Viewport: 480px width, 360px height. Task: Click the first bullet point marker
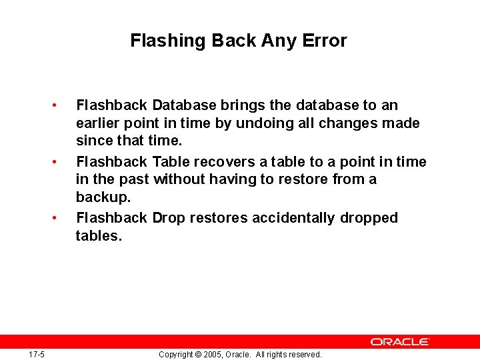tap(61, 105)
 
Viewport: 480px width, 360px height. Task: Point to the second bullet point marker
tap(61, 162)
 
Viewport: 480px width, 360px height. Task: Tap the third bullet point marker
tap(61, 218)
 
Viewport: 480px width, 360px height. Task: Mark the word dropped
tap(369, 218)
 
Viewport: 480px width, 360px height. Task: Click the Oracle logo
tap(400, 341)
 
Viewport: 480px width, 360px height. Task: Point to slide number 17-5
tap(37, 355)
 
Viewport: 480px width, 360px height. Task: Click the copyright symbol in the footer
tap(198, 355)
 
